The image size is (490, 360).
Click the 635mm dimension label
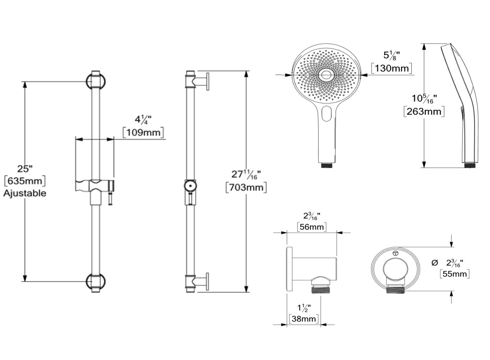[x=25, y=181]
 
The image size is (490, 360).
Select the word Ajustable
[x=25, y=193]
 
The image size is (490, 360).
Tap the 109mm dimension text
[x=143, y=132]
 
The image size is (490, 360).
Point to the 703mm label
[x=246, y=187]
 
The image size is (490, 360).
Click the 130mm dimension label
[x=391, y=68]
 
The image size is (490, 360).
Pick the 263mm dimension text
[x=424, y=111]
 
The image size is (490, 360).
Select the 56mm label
[x=311, y=226]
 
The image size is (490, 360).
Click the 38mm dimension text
[x=304, y=319]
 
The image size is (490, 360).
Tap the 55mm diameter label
[x=455, y=274]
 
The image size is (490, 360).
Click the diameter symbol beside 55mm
[x=434, y=263]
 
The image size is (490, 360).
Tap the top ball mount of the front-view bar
[x=96, y=82]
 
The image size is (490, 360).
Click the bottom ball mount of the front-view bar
[x=96, y=282]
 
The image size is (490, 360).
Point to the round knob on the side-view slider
[x=190, y=187]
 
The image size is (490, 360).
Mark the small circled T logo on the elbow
[x=395, y=253]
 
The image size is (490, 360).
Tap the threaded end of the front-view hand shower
[x=326, y=165]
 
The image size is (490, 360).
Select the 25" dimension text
[x=25, y=169]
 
